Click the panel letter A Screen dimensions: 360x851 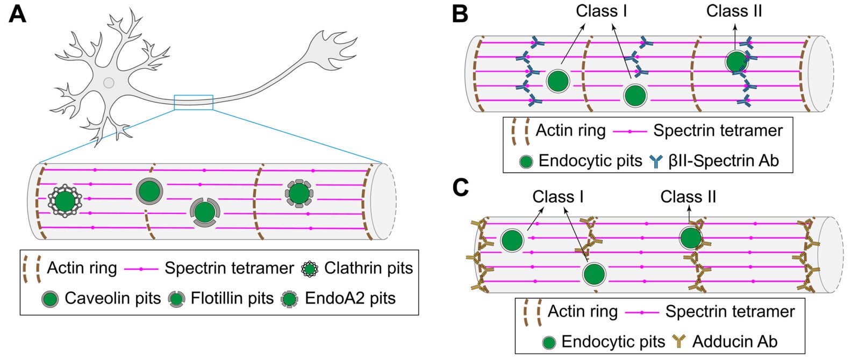(17, 13)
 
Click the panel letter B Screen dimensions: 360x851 (460, 13)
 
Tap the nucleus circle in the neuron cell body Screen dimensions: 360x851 (109, 83)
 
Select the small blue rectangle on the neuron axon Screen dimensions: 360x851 (194, 102)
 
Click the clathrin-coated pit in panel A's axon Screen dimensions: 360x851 (65, 201)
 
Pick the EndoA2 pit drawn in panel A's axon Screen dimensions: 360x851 (299, 193)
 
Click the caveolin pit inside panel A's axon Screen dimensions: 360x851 (149, 191)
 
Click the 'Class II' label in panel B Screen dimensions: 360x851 (734, 11)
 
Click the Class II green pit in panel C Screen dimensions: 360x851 (691, 237)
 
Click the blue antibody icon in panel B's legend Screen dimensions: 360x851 (656, 161)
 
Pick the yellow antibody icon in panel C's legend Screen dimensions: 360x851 (679, 341)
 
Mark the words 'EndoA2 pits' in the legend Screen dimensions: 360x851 (350, 298)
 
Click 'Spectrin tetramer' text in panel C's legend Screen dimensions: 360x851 (730, 311)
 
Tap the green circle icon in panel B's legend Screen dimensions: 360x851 (527, 161)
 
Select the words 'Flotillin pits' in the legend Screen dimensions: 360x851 (232, 298)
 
